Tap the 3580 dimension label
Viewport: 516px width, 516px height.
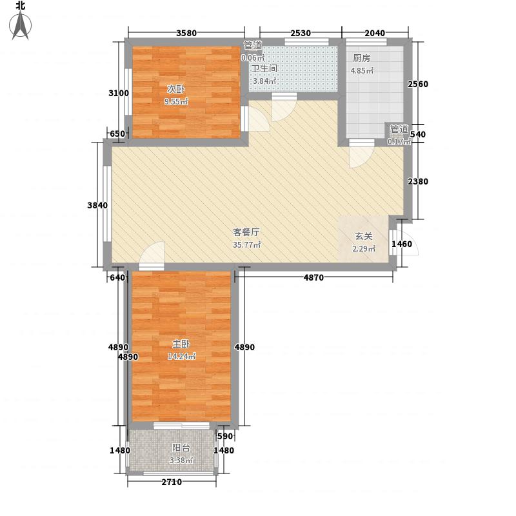coord(186,33)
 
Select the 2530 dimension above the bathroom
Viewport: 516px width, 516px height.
coord(301,33)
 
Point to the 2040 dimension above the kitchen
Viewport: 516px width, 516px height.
coord(375,33)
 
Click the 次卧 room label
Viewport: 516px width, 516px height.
coord(175,89)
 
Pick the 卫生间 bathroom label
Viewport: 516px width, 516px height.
coord(264,69)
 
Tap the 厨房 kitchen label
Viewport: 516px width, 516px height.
coord(361,58)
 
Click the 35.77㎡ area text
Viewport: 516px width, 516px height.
coord(247,245)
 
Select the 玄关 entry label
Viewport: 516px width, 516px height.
coord(364,236)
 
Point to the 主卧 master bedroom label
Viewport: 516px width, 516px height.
coord(181,344)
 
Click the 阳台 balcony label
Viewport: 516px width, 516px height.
coord(181,448)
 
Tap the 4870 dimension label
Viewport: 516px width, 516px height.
coord(313,277)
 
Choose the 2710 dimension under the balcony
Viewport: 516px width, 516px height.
coord(172,482)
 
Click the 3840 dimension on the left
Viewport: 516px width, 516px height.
coord(97,205)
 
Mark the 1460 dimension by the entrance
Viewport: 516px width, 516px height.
coord(402,244)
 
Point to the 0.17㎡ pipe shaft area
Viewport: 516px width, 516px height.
coord(399,142)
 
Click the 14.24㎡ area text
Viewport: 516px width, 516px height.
coord(182,356)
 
